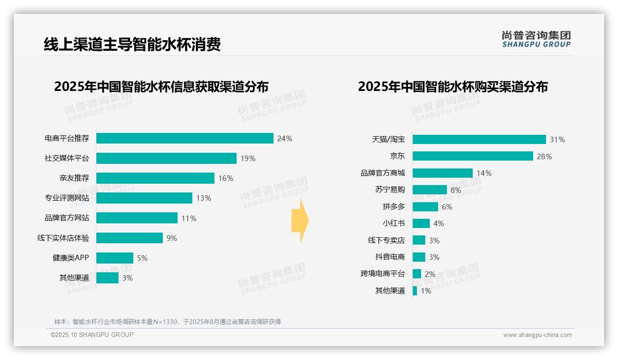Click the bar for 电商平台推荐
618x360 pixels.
184,138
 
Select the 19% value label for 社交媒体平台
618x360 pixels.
248,158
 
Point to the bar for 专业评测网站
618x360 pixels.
144,198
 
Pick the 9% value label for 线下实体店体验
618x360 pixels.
172,238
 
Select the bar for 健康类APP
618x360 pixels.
114,258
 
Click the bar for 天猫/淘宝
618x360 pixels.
479,139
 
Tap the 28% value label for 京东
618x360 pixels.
544,156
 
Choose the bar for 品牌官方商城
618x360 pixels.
442,173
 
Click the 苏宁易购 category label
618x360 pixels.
390,190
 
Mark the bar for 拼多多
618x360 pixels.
425,207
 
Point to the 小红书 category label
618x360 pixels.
393,223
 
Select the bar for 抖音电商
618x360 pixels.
419,257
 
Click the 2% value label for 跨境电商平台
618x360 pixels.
430,274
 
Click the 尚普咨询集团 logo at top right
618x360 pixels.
536,39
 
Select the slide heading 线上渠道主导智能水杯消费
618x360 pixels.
132,44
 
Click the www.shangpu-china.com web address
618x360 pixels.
537,335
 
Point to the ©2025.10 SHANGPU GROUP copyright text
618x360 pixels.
92,335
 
